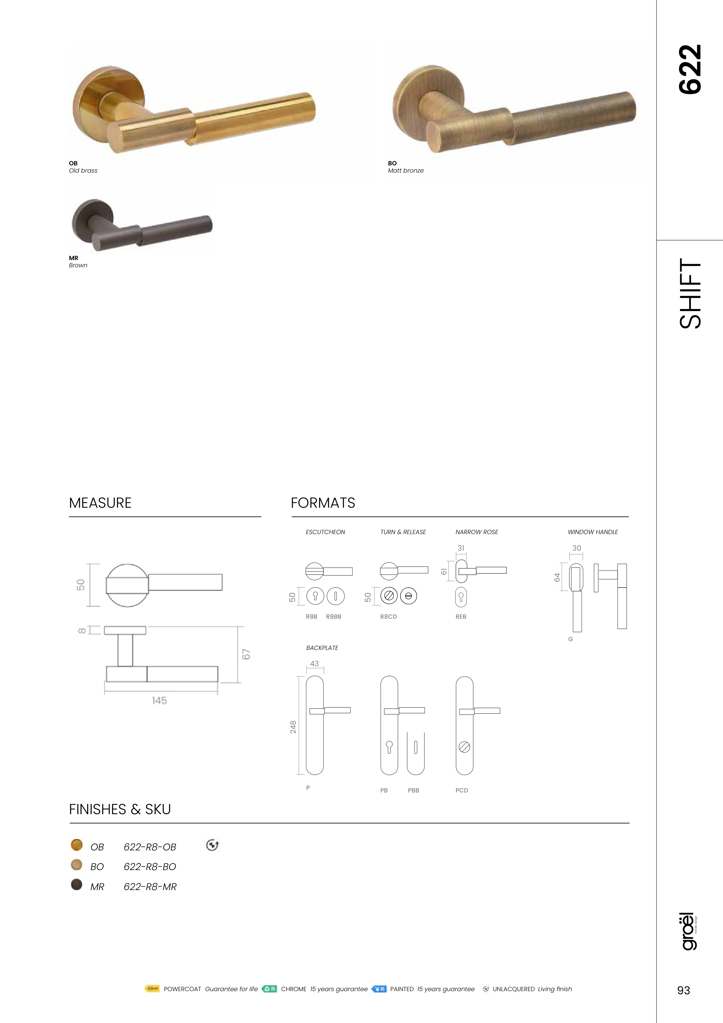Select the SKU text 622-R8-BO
(x=150, y=867)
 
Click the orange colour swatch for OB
(x=77, y=845)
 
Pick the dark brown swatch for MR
(x=77, y=885)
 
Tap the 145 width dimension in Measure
(x=159, y=700)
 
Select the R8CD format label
(x=389, y=617)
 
